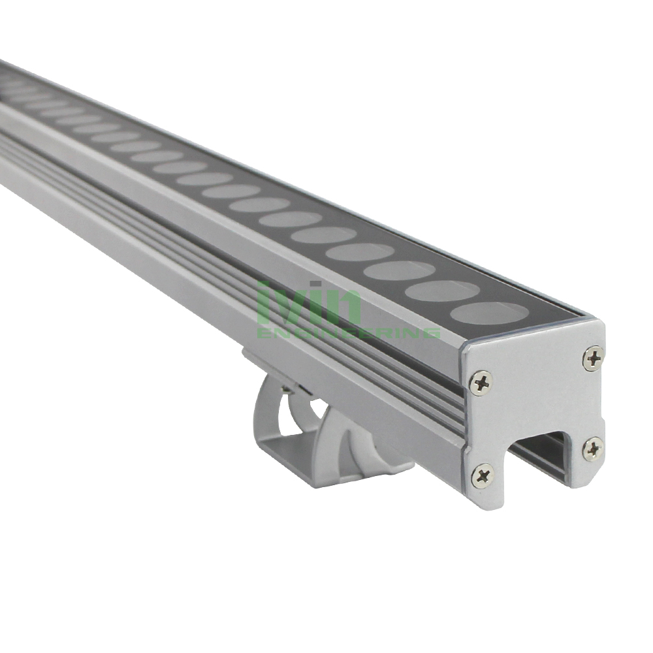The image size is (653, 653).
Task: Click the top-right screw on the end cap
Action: coord(593,357)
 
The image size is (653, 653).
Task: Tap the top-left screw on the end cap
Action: coord(481,381)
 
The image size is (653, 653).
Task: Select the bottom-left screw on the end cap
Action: coord(483,475)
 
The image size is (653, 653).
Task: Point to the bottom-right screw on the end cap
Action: coord(593,449)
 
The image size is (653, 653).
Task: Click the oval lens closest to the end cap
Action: coord(489,313)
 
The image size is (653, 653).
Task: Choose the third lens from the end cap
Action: coord(401,270)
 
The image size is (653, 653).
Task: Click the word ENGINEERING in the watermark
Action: coord(349,332)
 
